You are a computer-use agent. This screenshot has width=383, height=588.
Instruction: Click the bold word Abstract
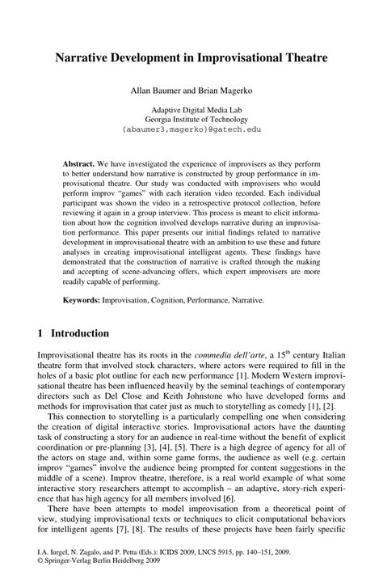click(x=82, y=163)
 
